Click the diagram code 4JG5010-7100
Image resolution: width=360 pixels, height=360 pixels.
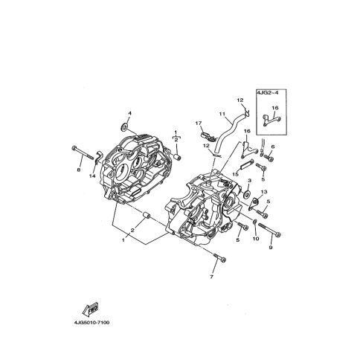(91, 323)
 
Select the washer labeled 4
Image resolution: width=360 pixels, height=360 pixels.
(124, 126)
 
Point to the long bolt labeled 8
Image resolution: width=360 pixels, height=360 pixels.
(83, 153)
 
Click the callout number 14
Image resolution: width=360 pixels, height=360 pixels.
(92, 176)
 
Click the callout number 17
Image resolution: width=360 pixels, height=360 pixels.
(199, 123)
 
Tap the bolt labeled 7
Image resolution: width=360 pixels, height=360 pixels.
(219, 257)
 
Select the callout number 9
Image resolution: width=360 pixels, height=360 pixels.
(271, 248)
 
